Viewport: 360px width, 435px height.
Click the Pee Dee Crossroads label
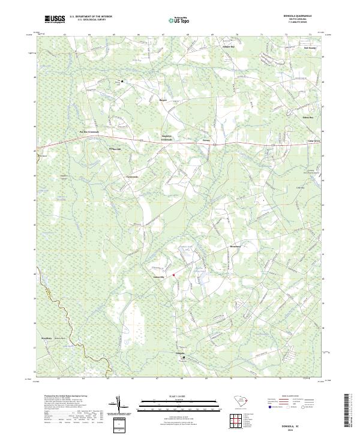tap(89, 131)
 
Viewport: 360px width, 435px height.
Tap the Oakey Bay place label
tap(308, 118)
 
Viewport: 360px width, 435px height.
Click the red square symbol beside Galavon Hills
tap(173, 275)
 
